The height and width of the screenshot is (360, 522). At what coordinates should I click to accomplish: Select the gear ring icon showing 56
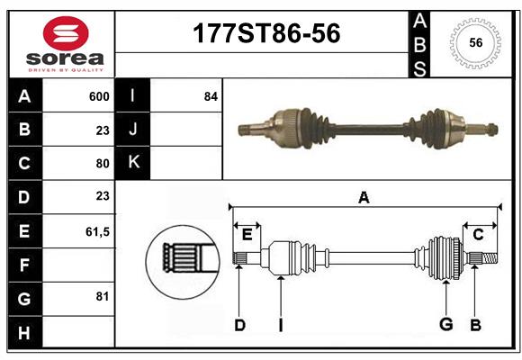(475, 42)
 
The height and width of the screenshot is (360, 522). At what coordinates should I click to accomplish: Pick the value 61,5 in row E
(97, 231)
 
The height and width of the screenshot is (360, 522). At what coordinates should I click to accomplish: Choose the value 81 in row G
(102, 295)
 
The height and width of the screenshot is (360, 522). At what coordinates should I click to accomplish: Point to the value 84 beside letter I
(211, 95)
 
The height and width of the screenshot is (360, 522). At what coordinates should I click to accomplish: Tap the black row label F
(24, 265)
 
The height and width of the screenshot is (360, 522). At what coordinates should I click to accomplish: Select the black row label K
(133, 163)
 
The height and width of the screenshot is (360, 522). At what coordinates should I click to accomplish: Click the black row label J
(133, 130)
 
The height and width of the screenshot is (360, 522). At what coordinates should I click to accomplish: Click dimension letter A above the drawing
(364, 197)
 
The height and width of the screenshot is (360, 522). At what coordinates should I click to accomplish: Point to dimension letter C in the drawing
(478, 235)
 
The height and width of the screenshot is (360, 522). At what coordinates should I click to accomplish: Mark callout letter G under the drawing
(445, 325)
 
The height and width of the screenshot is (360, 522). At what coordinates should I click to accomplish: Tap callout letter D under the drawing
(239, 325)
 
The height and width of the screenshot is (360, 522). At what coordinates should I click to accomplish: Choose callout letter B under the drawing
(476, 325)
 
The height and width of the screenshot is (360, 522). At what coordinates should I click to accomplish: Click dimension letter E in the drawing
(247, 235)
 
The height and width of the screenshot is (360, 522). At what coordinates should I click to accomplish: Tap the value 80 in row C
(102, 164)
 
